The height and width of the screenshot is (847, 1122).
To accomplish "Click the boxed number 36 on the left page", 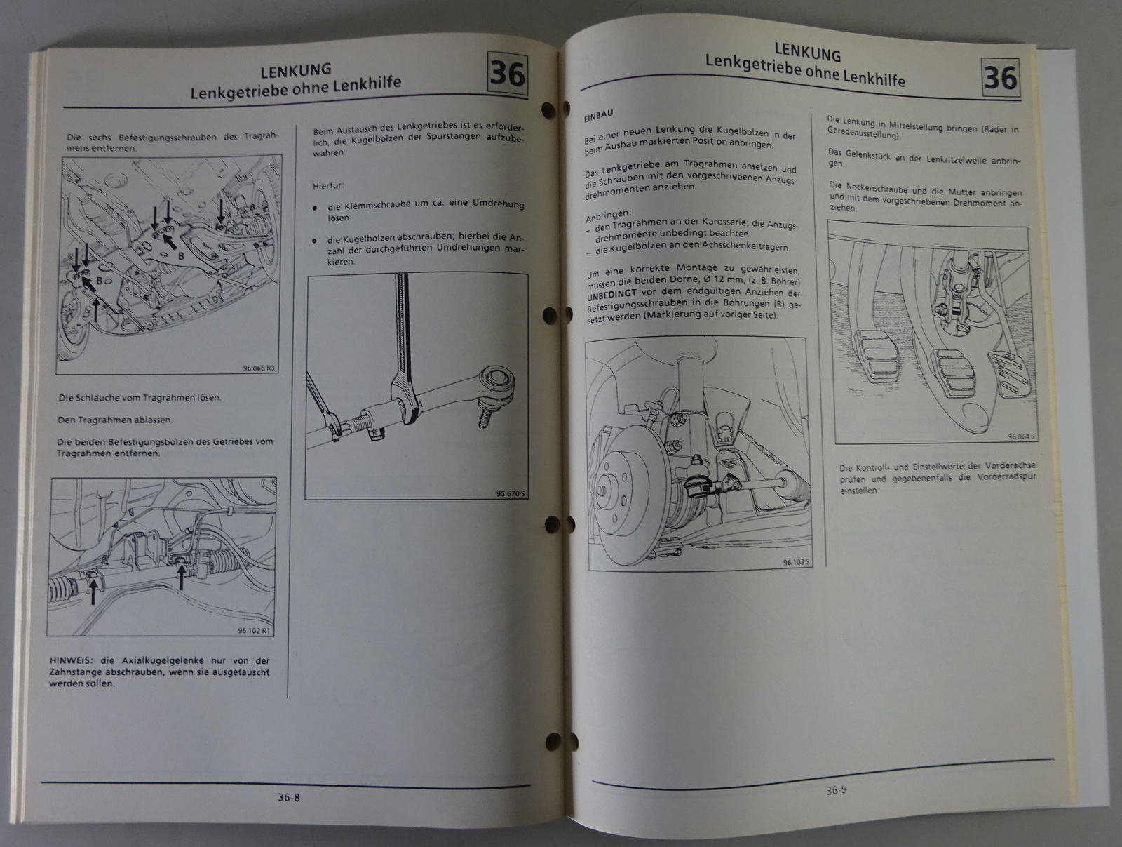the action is [507, 74].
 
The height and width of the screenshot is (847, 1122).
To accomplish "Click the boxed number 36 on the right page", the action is [1001, 79].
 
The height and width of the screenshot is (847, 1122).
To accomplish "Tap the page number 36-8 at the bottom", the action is [289, 797].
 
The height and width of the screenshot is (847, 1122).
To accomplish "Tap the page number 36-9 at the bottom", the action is [837, 790].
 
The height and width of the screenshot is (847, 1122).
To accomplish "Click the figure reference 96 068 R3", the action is [259, 368].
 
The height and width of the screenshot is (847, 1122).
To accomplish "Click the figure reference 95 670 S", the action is [510, 493].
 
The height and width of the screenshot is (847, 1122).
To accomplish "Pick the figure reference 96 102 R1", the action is [254, 631].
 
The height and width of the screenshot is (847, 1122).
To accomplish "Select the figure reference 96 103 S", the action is [797, 563].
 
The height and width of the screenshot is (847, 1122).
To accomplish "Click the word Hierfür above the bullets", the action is [327, 186].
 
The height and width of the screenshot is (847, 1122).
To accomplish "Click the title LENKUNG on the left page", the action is [296, 70].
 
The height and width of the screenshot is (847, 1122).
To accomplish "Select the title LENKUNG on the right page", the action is [808, 51].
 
